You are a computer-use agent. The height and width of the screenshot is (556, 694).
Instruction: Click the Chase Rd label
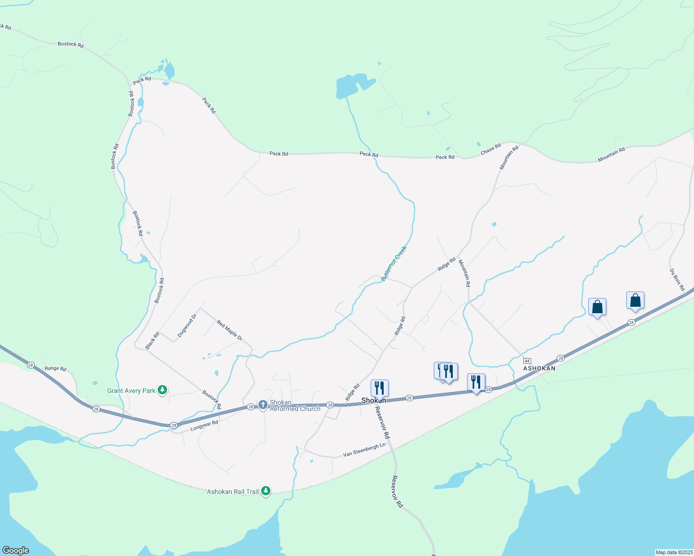pos(490,149)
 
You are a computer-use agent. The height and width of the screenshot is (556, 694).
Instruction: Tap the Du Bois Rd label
pos(677,280)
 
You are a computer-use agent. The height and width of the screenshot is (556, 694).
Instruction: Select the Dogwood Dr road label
pos(187,326)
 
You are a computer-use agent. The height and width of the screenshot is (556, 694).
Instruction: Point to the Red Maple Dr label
pos(230,330)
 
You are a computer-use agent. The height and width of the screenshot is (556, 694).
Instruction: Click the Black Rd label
pos(152,341)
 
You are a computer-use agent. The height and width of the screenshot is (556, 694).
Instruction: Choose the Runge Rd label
pos(55,369)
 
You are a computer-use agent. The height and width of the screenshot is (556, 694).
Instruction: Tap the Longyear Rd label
pos(204,426)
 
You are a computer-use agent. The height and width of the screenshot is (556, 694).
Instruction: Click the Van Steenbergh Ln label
pos(364,449)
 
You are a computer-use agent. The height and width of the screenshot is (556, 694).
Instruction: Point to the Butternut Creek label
pos(394,264)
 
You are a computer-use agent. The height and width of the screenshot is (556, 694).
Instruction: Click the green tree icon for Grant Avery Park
pos(162,390)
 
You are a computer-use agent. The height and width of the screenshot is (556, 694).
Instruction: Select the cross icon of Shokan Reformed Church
pos(263,405)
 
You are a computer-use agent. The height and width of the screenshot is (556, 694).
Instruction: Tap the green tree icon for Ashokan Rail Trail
pos(266,491)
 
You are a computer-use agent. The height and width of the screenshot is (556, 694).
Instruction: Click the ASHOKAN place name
pos(539,368)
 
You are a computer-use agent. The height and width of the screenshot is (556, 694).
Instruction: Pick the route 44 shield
pos(527,361)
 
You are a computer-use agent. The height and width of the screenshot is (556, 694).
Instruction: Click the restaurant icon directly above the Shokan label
pos(379,387)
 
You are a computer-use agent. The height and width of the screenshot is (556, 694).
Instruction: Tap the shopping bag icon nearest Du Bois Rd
pos(635,300)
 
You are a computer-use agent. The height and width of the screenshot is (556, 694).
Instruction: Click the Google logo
pos(15,550)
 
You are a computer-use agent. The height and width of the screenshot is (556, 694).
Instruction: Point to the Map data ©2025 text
pos(673,552)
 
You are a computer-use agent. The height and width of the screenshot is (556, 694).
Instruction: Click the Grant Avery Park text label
pos(131,391)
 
